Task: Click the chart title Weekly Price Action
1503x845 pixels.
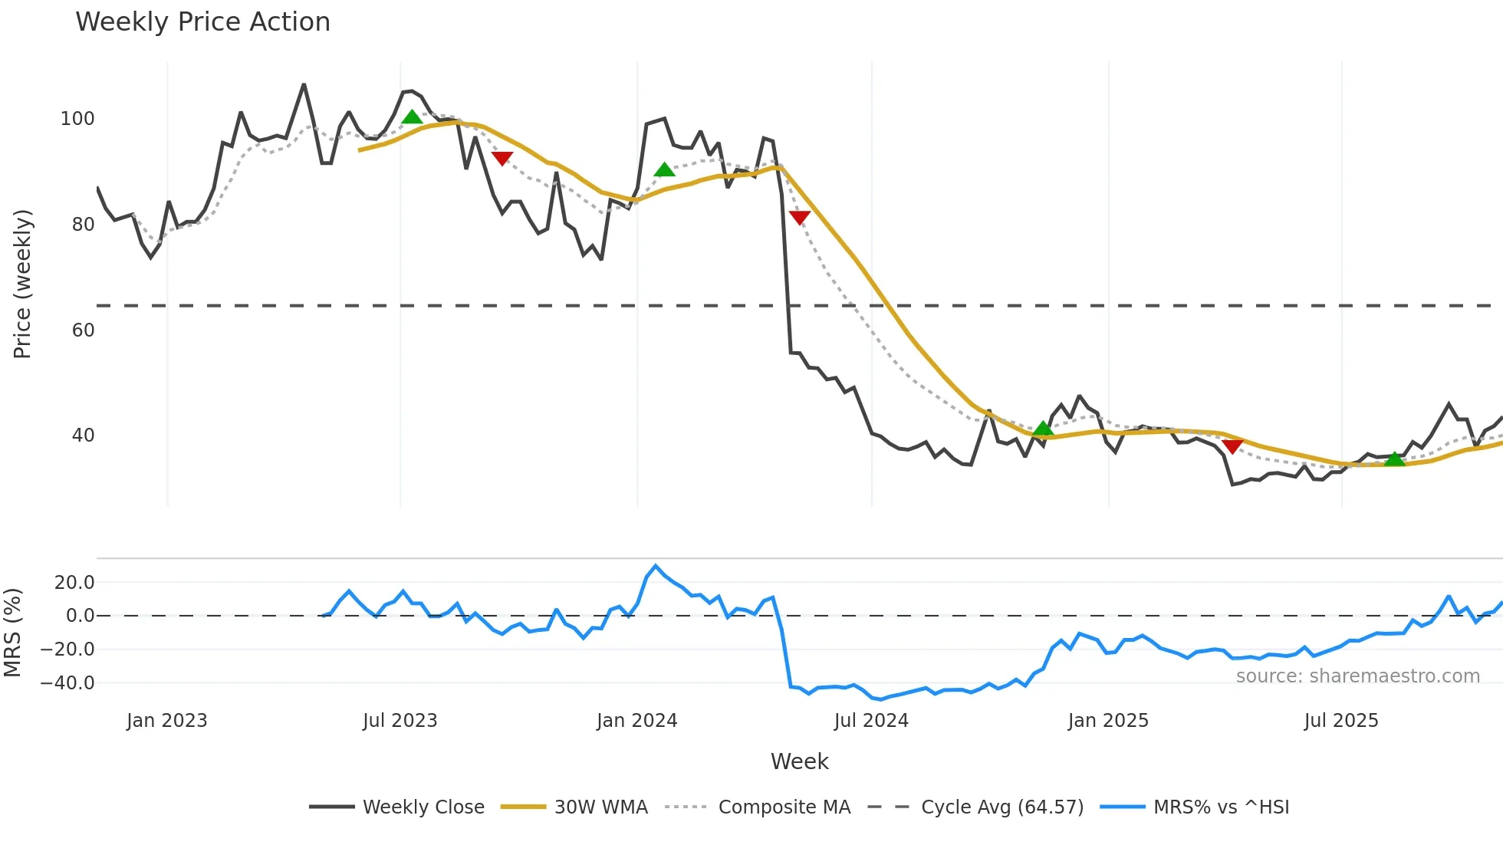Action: point(202,21)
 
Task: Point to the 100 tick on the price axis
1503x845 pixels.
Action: point(77,119)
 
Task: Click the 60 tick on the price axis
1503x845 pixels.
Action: point(83,330)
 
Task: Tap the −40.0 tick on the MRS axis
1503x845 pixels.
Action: point(67,682)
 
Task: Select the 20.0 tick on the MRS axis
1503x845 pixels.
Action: point(74,582)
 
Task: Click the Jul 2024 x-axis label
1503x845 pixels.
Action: point(871,721)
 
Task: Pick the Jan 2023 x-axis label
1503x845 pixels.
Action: point(167,721)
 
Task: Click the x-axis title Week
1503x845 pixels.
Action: point(799,761)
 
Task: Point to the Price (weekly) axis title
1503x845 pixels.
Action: point(22,284)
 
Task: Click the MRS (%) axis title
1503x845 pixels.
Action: point(12,633)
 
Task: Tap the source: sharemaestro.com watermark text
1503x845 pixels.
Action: point(1357,676)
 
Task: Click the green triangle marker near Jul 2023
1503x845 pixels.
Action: point(412,117)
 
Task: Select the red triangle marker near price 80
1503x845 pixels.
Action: point(799,218)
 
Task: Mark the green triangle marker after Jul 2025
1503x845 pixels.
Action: point(1394,459)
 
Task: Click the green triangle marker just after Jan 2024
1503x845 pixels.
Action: point(664,169)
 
